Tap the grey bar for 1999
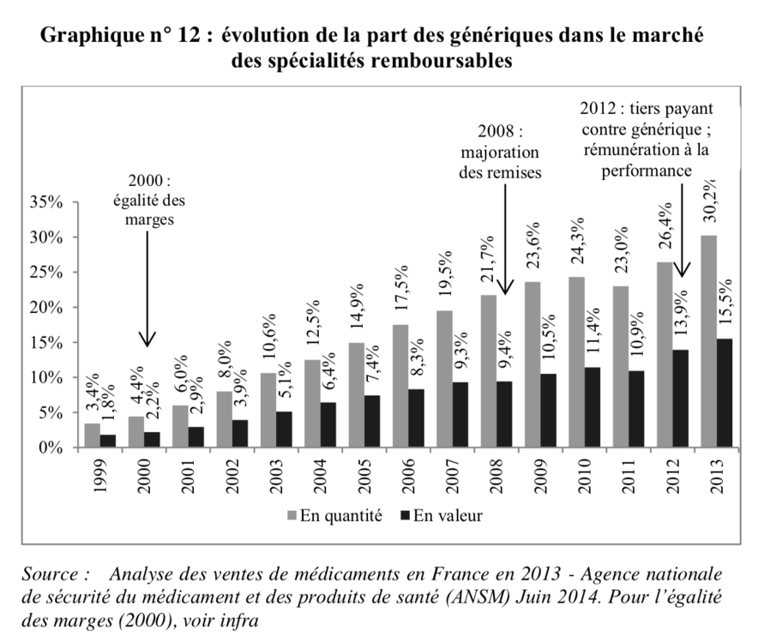92,435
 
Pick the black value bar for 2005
371,421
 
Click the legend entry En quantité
328,517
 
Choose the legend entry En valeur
441,517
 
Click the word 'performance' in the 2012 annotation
659,171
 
